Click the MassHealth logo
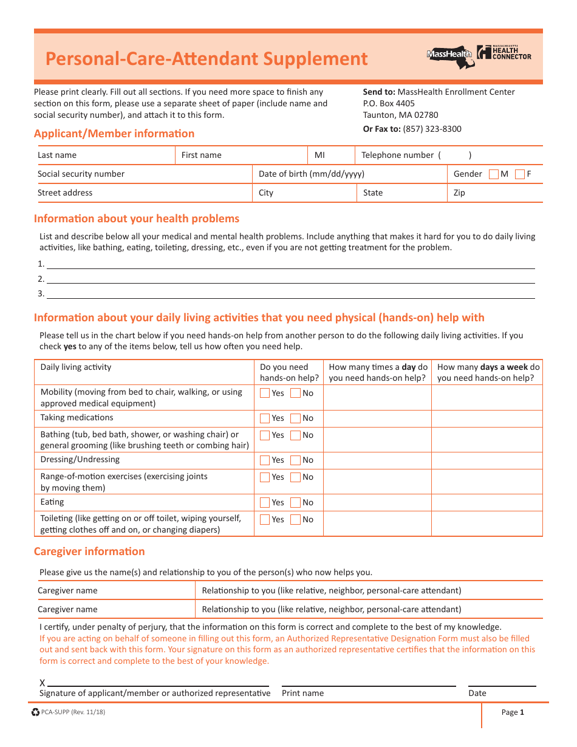pyautogui.click(x=450, y=55)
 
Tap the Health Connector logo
pyautogui.click(x=504, y=53)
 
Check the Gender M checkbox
pyautogui.click(x=494, y=174)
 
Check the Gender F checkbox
pyautogui.click(x=520, y=174)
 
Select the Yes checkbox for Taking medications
pyautogui.click(x=265, y=418)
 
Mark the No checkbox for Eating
pyautogui.click(x=295, y=503)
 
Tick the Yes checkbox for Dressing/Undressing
pyautogui.click(x=265, y=460)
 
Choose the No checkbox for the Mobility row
pyautogui.click(x=295, y=394)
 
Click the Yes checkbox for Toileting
pyautogui.click(x=265, y=520)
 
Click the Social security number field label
pyautogui.click(x=81, y=174)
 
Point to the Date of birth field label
pyautogui.click(x=312, y=174)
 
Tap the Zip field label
pyautogui.click(x=459, y=193)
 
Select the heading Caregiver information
pyautogui.click(x=89, y=551)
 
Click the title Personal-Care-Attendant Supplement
pyautogui.click(x=207, y=59)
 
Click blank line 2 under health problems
pyautogui.click(x=290, y=280)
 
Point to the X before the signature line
pyautogui.click(x=43, y=683)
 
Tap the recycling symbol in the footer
pyautogui.click(x=35, y=712)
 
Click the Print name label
pyautogui.click(x=302, y=694)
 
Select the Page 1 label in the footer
pyautogui.click(x=512, y=713)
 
